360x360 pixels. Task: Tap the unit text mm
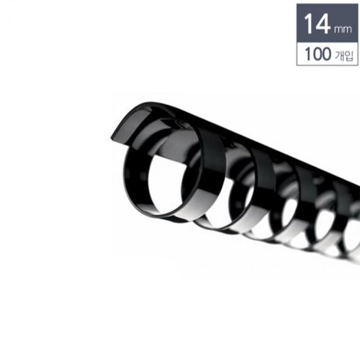pos(343,30)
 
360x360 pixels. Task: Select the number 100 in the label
pos(318,54)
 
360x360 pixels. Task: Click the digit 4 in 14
pos(323,24)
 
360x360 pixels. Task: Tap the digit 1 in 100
pos(307,54)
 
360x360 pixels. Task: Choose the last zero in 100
pos(325,54)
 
